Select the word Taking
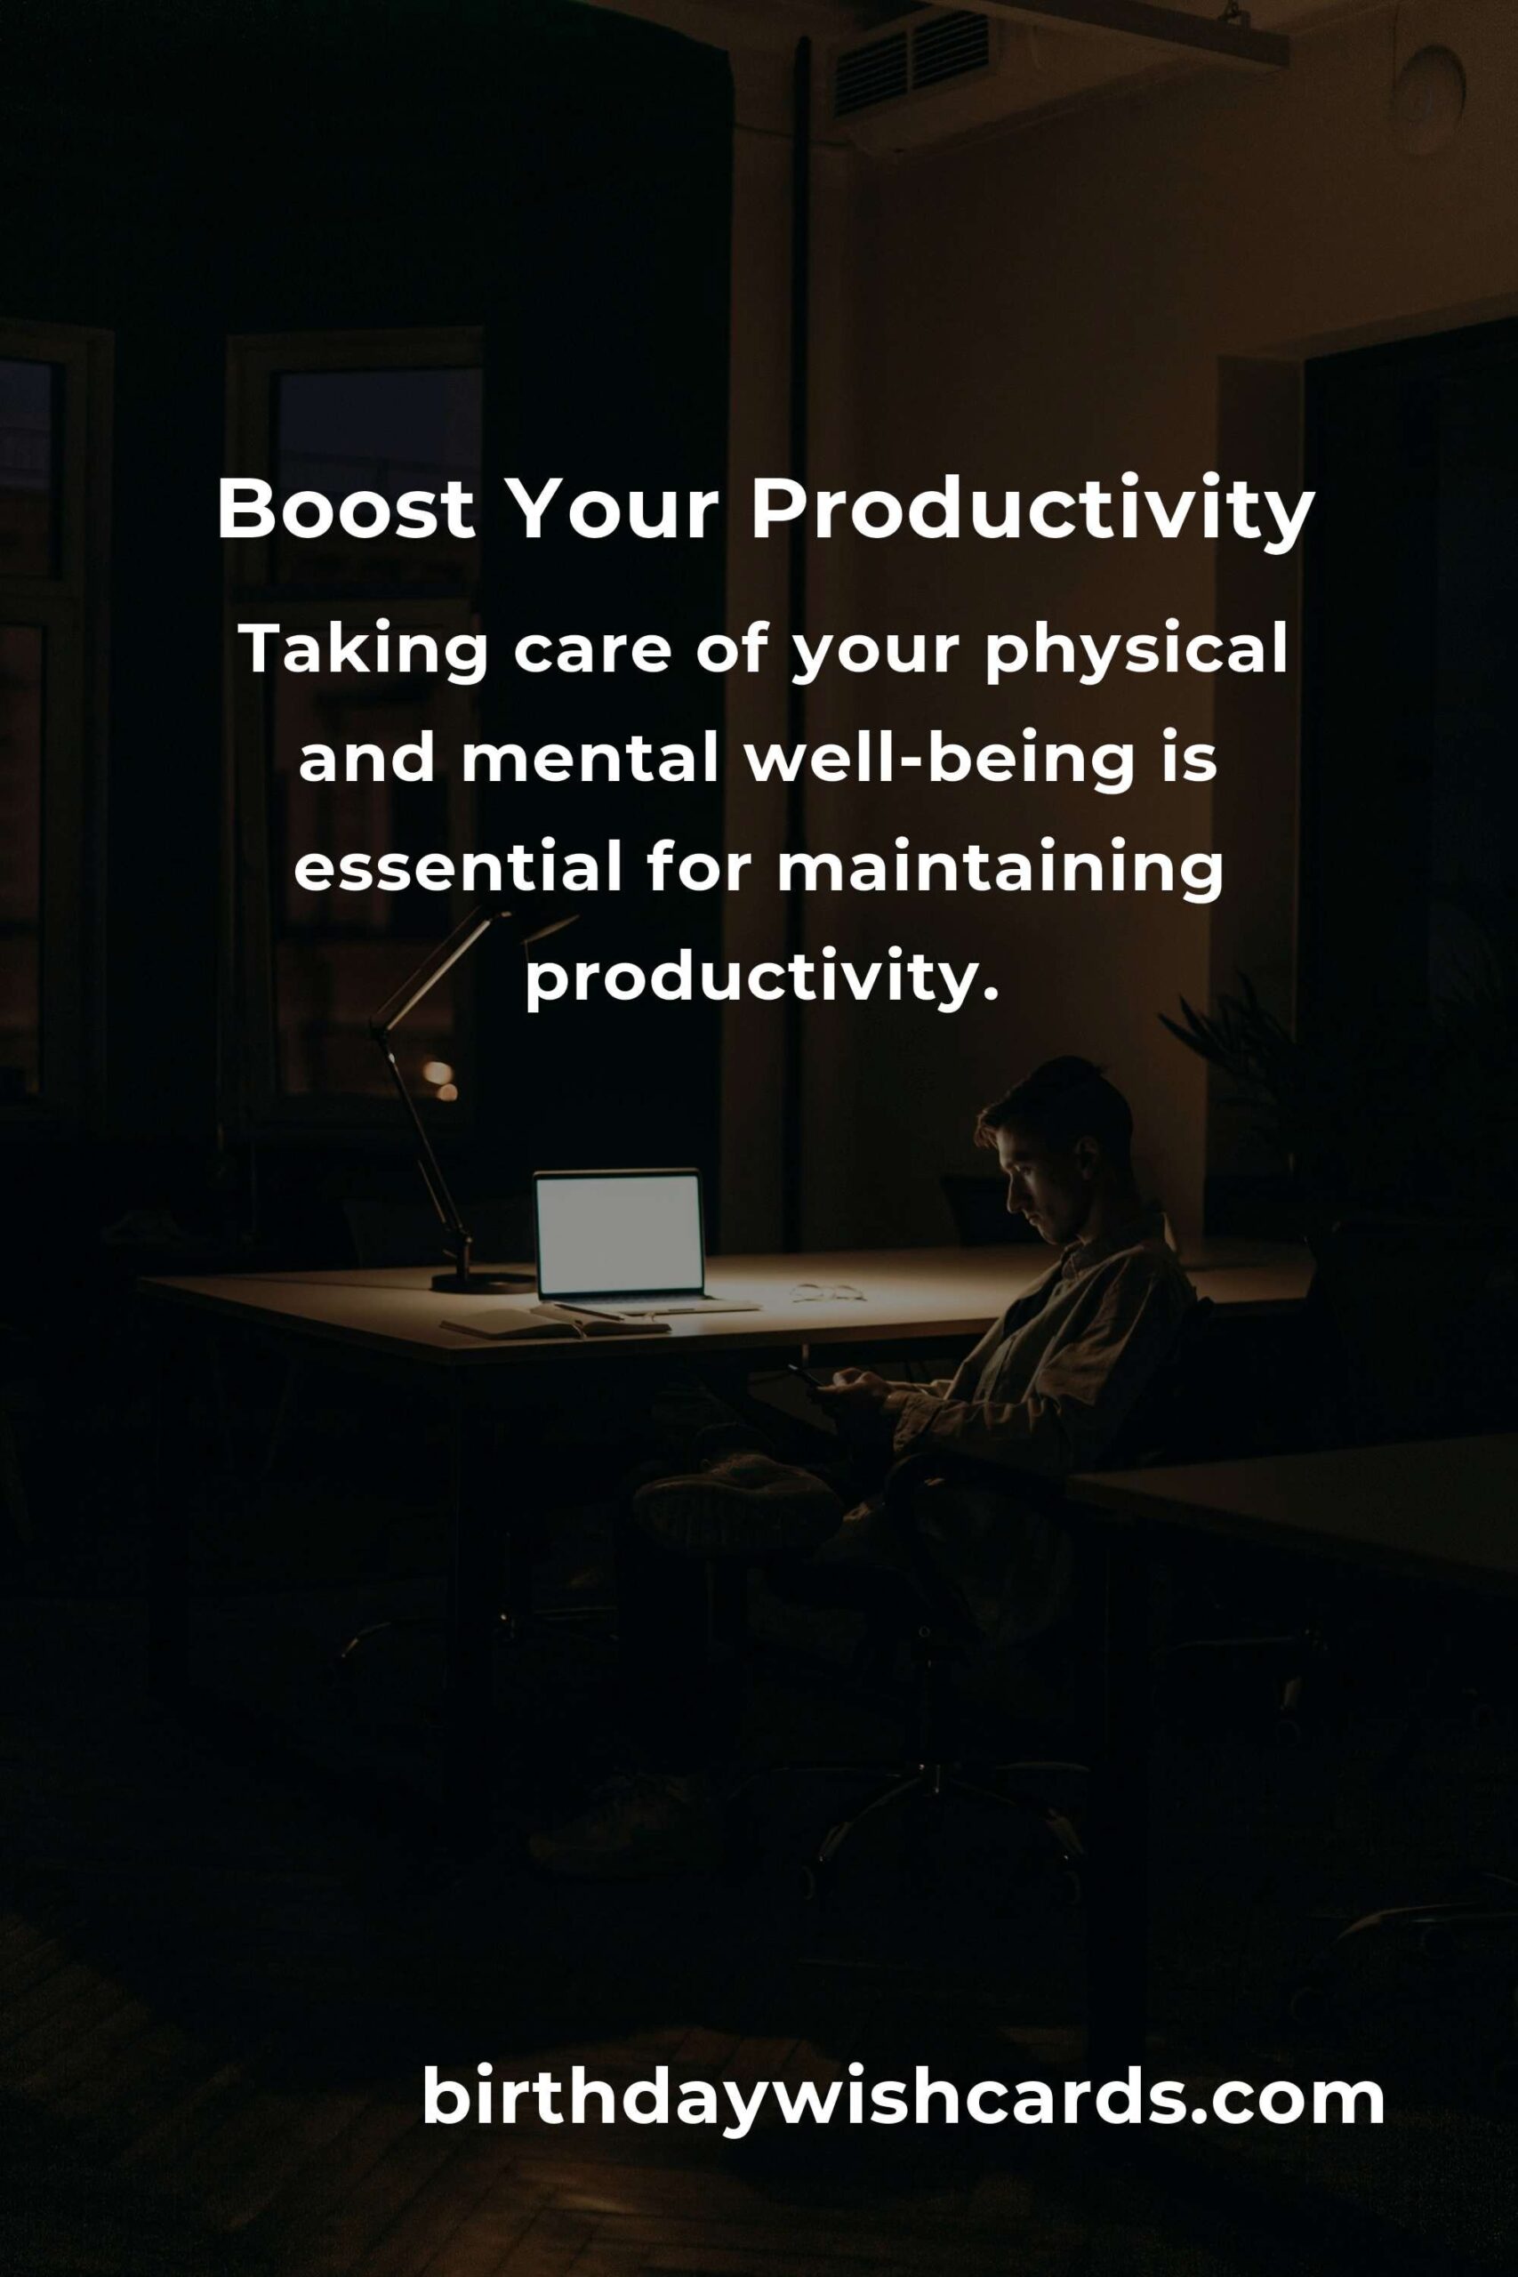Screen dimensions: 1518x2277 pyautogui.click(x=364, y=650)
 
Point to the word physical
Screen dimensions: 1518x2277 pyautogui.click(x=1136, y=650)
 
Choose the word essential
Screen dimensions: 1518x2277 pyautogui.click(x=457, y=867)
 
